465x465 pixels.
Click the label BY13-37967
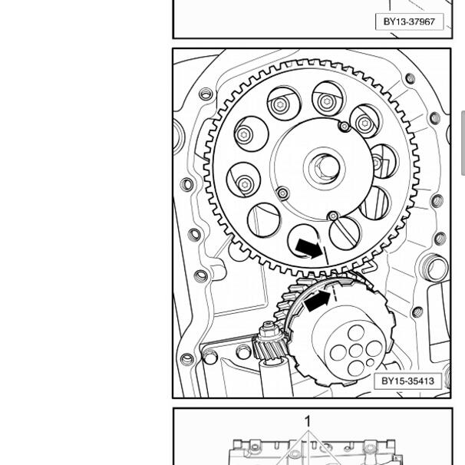click(409, 21)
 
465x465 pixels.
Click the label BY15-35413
click(407, 381)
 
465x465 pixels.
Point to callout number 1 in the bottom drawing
click(308, 421)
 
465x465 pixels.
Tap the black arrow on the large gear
click(309, 248)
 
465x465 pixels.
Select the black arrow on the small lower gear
click(318, 301)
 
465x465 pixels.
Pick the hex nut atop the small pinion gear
click(269, 330)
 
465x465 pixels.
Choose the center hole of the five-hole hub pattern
click(356, 351)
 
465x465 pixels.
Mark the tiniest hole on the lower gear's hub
click(370, 362)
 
